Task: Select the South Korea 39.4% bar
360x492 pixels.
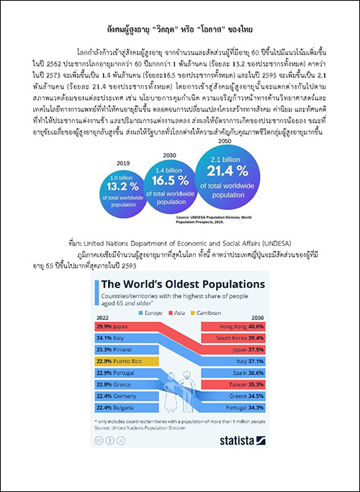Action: click(x=242, y=337)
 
